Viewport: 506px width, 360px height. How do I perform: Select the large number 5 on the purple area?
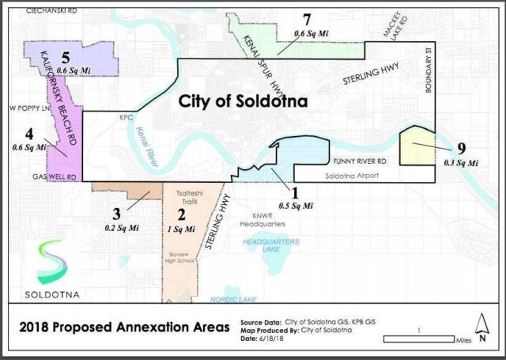pos(68,58)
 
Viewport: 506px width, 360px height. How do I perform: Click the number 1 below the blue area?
pos(296,191)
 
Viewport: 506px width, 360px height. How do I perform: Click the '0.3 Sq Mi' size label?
pos(461,162)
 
